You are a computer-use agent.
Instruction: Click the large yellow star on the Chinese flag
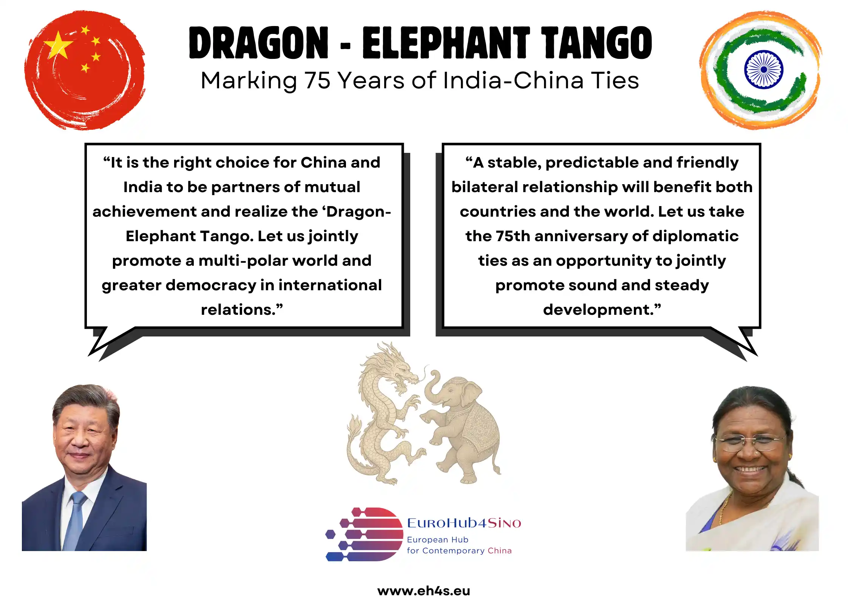pyautogui.click(x=58, y=45)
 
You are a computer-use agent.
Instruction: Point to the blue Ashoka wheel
pyautogui.click(x=763, y=69)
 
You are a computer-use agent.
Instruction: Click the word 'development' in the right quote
pyautogui.click(x=599, y=310)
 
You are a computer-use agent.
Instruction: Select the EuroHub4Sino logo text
pyautogui.click(x=464, y=523)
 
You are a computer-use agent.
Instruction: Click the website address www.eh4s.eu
pyautogui.click(x=424, y=590)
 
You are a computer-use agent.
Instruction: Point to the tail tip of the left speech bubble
pyautogui.click(x=89, y=355)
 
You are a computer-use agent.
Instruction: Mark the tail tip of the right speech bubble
pyautogui.click(x=757, y=355)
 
